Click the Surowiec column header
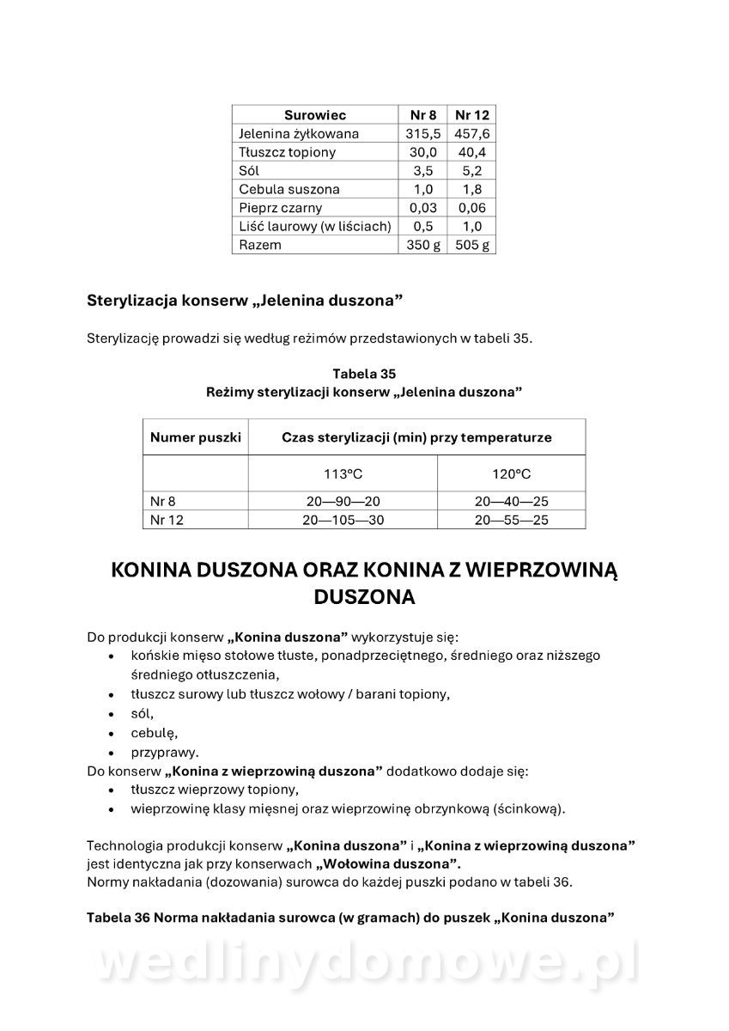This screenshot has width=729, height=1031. click(x=314, y=115)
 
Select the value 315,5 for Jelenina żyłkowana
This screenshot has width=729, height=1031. click(x=423, y=134)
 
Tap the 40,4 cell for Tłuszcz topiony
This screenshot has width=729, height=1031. click(x=472, y=152)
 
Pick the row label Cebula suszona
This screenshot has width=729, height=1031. click(x=289, y=189)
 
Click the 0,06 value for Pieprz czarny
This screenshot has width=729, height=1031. click(x=472, y=208)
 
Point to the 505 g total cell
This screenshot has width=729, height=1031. click(x=472, y=245)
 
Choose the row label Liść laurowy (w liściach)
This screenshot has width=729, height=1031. click(x=315, y=226)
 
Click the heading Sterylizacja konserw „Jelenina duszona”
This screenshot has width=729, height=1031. click(x=245, y=302)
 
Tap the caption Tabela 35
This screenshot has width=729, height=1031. click(x=364, y=374)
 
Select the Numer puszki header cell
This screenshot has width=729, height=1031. click(x=196, y=437)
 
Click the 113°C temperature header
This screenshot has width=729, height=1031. click(x=343, y=474)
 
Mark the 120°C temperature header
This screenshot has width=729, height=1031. click(x=512, y=474)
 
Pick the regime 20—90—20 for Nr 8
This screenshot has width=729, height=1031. click(x=343, y=502)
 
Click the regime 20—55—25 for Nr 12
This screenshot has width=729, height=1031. click(x=512, y=520)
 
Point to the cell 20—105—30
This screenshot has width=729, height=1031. click(x=343, y=520)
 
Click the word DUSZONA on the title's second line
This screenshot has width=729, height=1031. click(x=364, y=597)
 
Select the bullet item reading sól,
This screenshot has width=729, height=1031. click(x=143, y=713)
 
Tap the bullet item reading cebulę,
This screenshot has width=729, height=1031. click(x=154, y=733)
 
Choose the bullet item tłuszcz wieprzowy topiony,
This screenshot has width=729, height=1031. click(x=215, y=790)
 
